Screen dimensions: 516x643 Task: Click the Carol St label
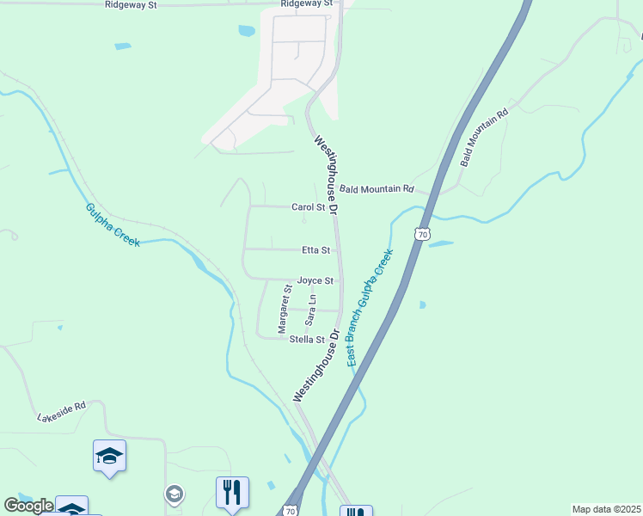click(308, 207)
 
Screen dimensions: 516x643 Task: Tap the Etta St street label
click(315, 250)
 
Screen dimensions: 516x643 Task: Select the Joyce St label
click(315, 280)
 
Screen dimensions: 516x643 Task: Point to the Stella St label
click(306, 340)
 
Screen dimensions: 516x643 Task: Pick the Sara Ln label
click(312, 310)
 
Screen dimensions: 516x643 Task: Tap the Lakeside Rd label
click(62, 411)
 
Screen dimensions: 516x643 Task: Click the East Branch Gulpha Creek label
click(370, 308)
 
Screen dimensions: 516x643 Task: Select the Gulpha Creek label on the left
click(113, 224)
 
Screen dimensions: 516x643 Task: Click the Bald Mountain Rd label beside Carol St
click(377, 189)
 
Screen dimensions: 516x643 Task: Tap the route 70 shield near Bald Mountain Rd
click(421, 233)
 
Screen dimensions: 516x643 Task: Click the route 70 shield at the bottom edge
click(291, 511)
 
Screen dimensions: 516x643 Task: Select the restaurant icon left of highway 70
click(232, 493)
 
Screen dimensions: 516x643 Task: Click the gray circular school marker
click(175, 494)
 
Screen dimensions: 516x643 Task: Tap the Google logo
click(28, 506)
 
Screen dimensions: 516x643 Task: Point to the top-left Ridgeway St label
click(131, 5)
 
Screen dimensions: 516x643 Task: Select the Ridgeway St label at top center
click(306, 4)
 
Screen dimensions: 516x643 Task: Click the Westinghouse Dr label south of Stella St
click(316, 365)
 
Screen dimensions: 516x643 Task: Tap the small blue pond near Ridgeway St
click(247, 30)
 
